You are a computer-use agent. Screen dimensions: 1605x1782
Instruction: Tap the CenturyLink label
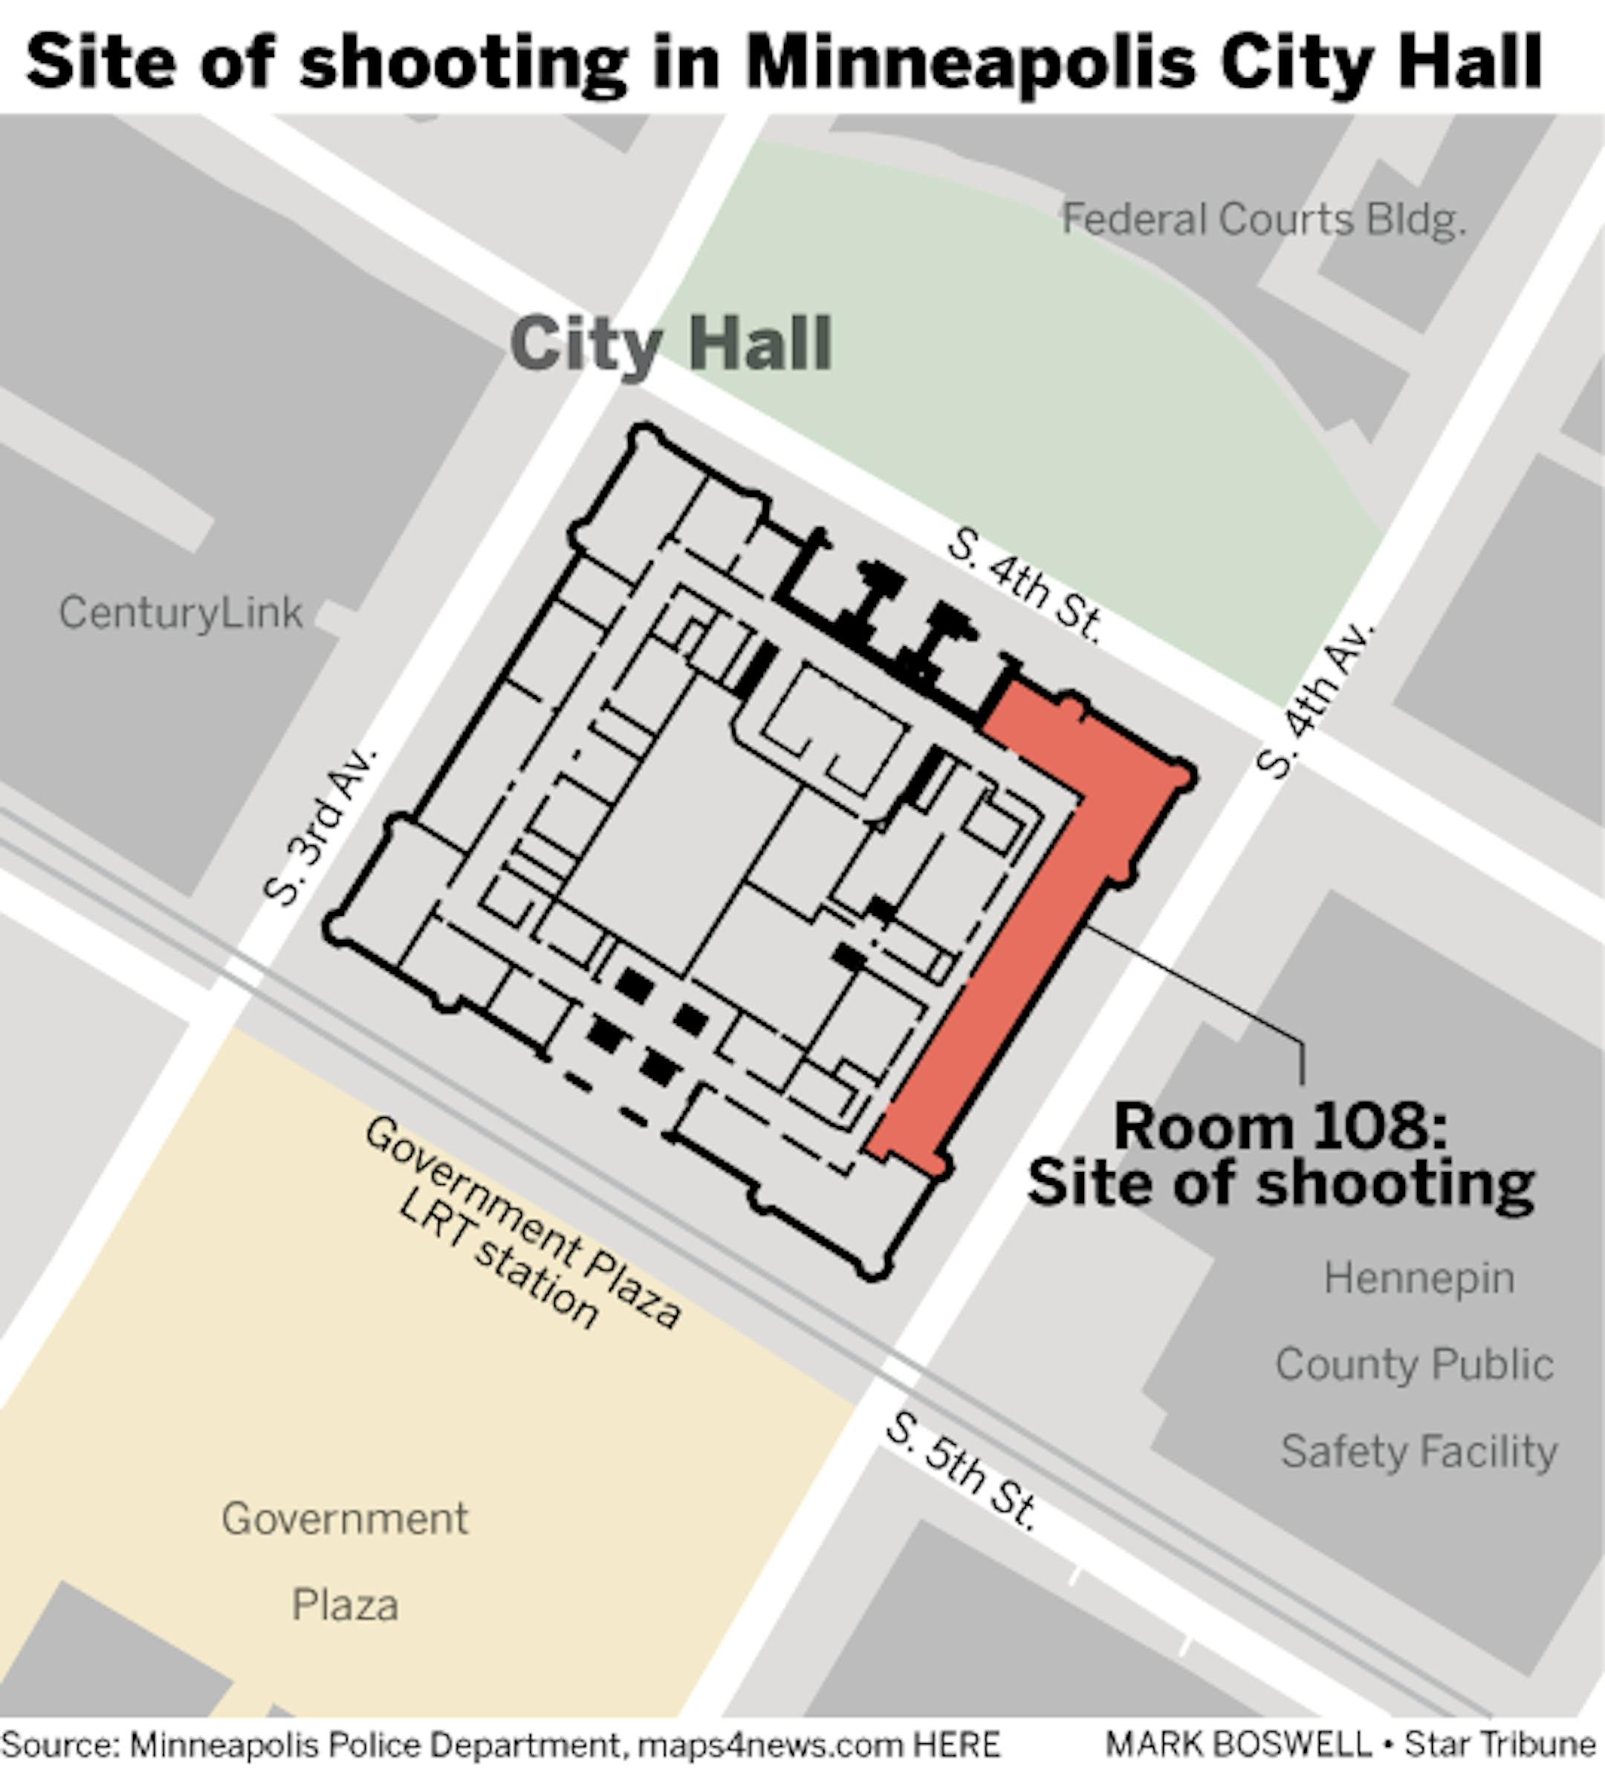click(x=181, y=612)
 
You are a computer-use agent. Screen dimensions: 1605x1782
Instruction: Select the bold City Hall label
click(x=671, y=344)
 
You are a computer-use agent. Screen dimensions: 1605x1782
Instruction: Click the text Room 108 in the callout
click(x=1280, y=1127)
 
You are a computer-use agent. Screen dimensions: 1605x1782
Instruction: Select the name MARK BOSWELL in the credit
click(x=1239, y=1744)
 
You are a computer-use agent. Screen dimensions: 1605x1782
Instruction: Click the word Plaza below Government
click(x=345, y=1604)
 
